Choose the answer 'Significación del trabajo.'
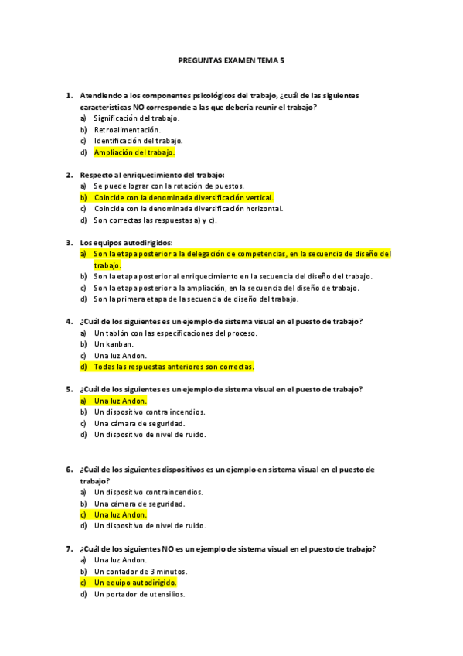136,118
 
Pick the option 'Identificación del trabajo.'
138,141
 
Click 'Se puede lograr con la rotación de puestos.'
169,186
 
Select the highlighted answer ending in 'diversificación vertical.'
183,197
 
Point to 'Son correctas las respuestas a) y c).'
155,220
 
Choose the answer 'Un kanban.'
114,344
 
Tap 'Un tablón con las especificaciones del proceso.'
175,333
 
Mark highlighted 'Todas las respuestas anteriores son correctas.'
174,367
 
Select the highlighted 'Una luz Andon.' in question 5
120,401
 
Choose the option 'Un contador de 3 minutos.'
141,570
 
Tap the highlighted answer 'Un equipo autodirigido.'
135,582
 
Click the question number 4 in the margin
69,321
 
